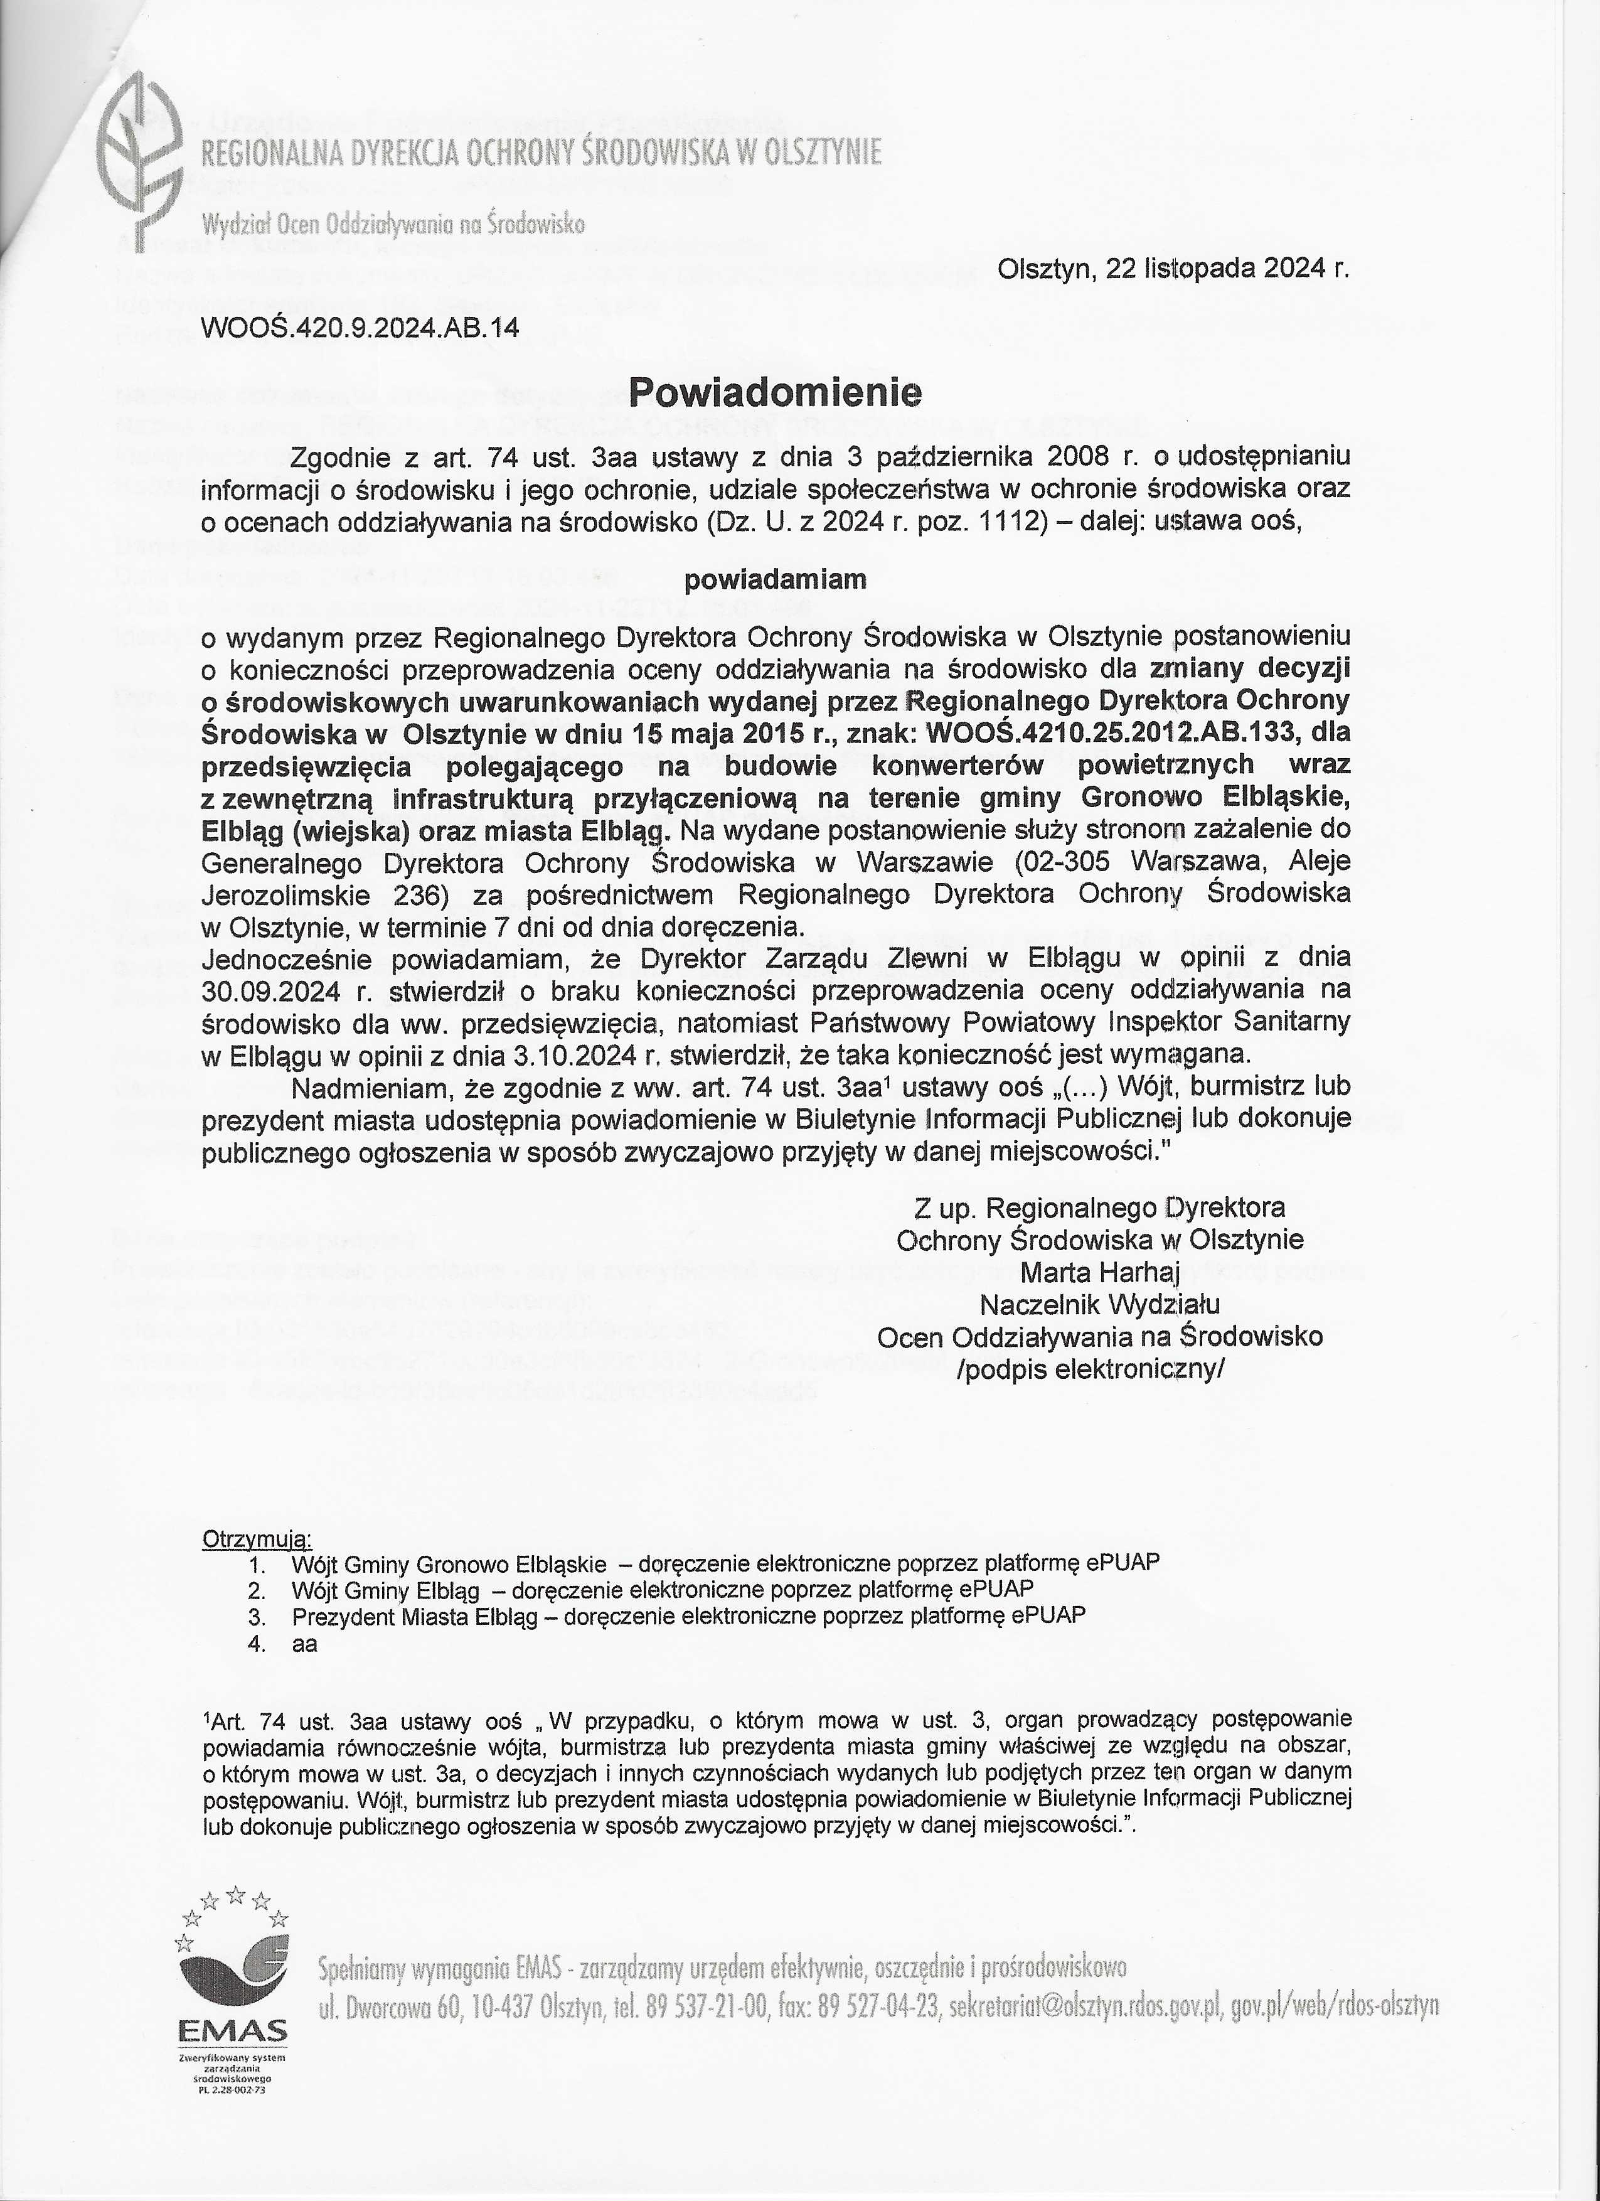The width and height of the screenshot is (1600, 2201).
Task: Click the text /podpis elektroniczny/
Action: pyautogui.click(x=1099, y=1368)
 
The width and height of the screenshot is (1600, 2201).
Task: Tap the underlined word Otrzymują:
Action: pyautogui.click(x=256, y=1539)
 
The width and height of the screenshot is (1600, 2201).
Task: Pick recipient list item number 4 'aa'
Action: pyautogui.click(x=304, y=1644)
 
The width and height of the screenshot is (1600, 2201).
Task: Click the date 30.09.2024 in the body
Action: pyautogui.click(x=260, y=991)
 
